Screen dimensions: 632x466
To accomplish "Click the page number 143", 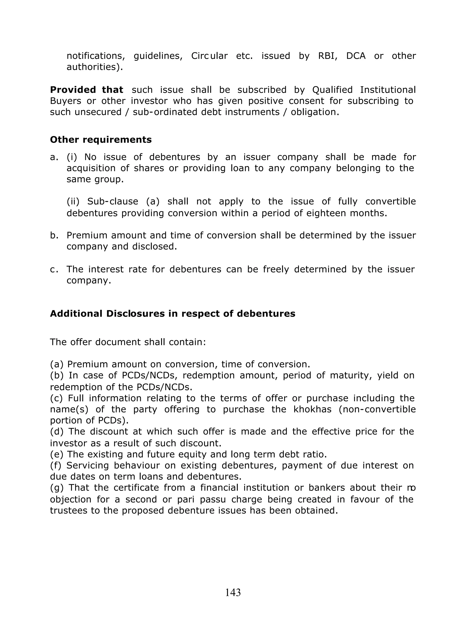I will click(233, 592).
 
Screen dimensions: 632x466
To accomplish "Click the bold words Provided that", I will click(87, 90).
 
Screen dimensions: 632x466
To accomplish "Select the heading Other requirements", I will click(101, 140).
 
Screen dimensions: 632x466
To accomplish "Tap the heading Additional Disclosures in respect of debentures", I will click(172, 313).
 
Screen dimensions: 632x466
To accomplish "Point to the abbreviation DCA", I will click(356, 56).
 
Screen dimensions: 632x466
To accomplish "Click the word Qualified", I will click(332, 90).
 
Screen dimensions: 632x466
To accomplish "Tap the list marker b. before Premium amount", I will click(54, 235).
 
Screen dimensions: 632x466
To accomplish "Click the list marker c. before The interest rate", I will click(54, 269).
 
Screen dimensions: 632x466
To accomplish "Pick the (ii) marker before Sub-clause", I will click(73, 201).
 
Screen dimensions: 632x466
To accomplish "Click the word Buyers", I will click(66, 101).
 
